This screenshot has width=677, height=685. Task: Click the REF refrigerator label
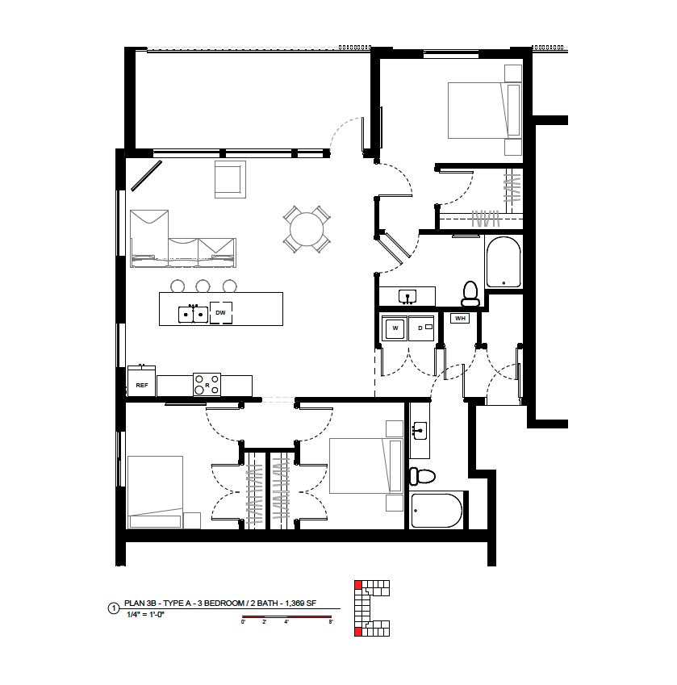[x=142, y=386]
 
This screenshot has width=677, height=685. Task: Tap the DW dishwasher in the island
[x=220, y=313]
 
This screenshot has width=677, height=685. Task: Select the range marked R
[x=207, y=384]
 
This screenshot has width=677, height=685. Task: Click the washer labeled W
[x=395, y=328]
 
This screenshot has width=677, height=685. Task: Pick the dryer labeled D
[x=421, y=328]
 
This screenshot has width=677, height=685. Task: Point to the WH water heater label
[x=460, y=319]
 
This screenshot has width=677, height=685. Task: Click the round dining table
[x=307, y=229]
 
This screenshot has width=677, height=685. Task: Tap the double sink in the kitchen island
[x=193, y=314]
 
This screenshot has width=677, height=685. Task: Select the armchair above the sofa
[x=230, y=179]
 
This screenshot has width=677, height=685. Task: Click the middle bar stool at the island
[x=203, y=286]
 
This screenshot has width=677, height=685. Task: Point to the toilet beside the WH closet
[x=470, y=294]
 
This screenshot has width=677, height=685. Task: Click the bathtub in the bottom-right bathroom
[x=437, y=510]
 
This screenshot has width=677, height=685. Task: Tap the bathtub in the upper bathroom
[x=504, y=262]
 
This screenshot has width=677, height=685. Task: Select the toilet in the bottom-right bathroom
[x=422, y=476]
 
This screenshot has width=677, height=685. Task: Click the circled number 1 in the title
[x=114, y=608]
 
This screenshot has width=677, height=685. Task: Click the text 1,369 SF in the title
[x=300, y=604]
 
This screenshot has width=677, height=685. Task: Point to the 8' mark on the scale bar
[x=331, y=621]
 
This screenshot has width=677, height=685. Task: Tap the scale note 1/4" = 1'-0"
[x=145, y=615]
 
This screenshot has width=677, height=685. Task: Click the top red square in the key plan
[x=358, y=584]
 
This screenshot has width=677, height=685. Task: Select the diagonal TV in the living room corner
[x=146, y=176]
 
